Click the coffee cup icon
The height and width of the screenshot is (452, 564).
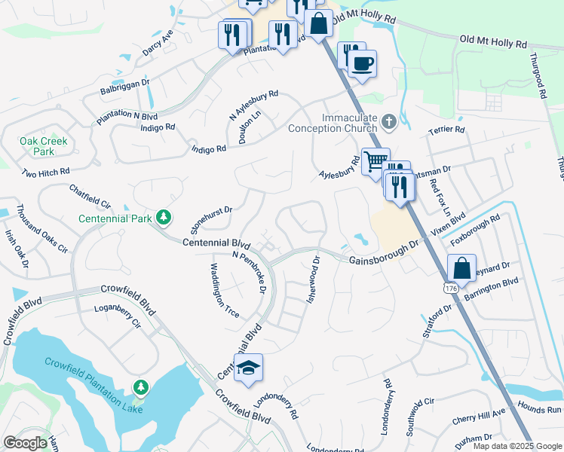pos(362,64)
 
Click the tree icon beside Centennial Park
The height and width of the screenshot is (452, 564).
pos(163,218)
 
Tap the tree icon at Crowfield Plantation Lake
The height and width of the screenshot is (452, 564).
pos(139,387)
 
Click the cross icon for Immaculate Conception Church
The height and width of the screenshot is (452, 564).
pos(388,121)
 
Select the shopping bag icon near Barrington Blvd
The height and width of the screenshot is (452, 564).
pos(461,268)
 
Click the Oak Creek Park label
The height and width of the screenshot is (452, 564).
pos(44,146)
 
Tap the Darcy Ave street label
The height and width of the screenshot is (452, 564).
pos(158,44)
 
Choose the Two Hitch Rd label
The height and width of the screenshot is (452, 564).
pos(45,173)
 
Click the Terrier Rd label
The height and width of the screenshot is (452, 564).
pos(446,130)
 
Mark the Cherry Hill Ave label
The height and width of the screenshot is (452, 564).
pos(480,415)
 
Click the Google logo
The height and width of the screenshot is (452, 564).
pos(25,442)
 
